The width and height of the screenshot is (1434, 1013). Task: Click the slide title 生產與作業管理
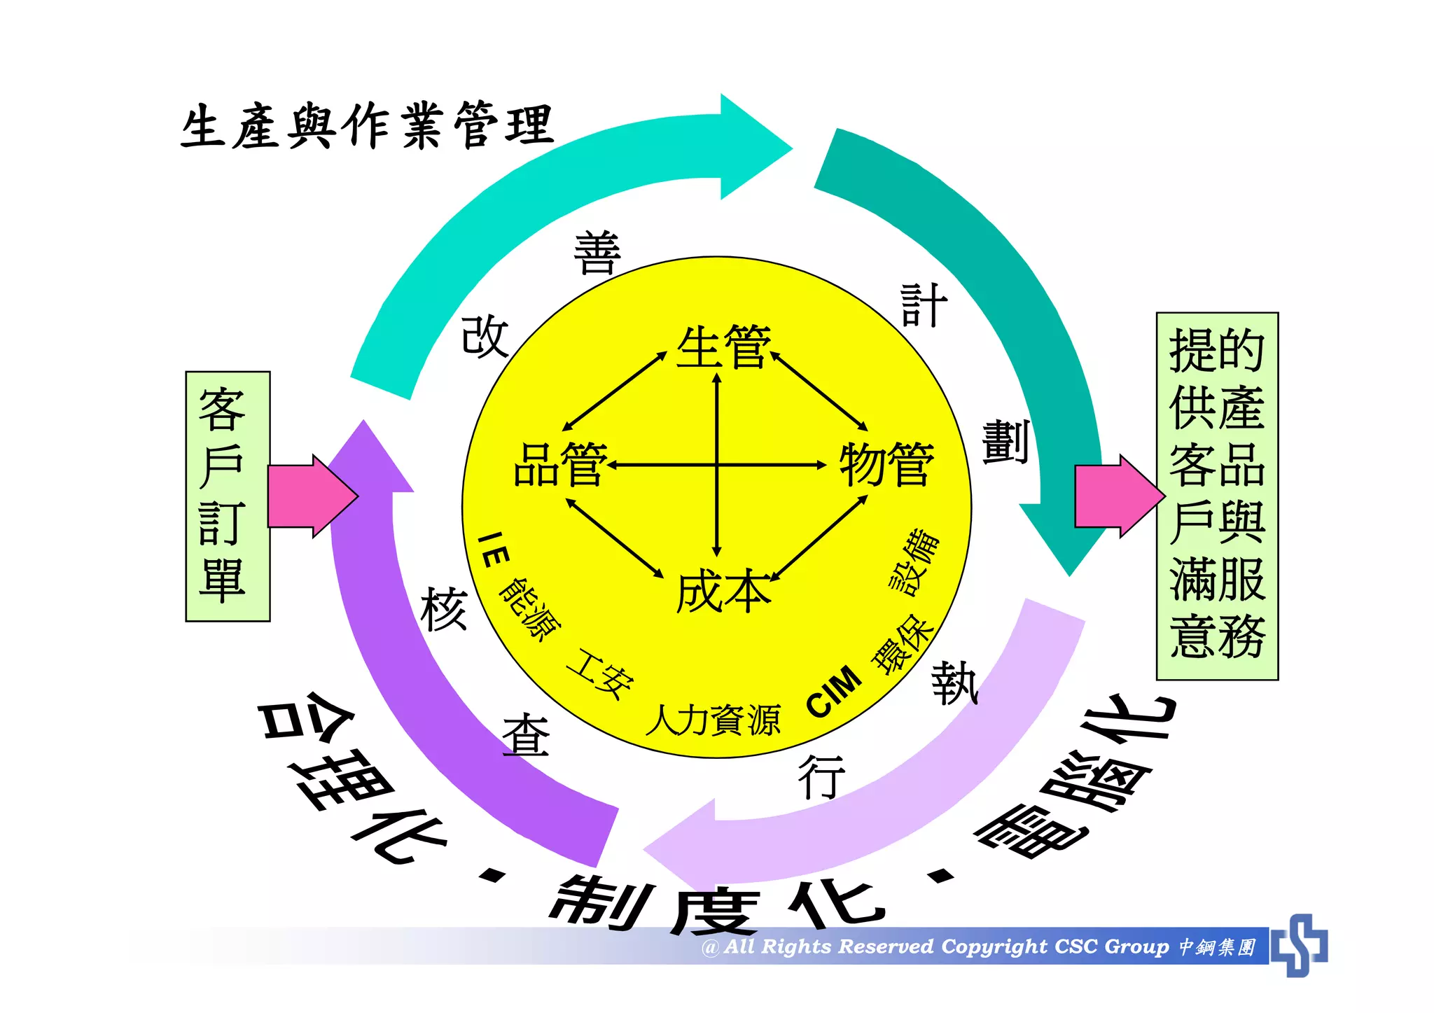(x=367, y=126)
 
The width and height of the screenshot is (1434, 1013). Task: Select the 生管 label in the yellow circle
(x=723, y=347)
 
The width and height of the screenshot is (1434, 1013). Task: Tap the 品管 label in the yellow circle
(x=560, y=465)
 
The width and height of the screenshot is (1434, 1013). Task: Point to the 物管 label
(x=886, y=465)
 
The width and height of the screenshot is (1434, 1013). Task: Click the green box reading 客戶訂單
(x=228, y=496)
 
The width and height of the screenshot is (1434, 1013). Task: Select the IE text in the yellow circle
(x=493, y=550)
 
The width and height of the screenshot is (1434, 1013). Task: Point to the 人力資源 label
(x=713, y=720)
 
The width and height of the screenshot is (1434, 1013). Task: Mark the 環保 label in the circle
(x=903, y=644)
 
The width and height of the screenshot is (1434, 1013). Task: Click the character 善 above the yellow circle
(x=597, y=253)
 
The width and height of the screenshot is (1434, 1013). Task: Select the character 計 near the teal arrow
(x=924, y=306)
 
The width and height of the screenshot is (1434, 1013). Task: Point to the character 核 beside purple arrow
(x=444, y=610)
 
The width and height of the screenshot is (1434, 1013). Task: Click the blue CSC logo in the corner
(x=1300, y=945)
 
